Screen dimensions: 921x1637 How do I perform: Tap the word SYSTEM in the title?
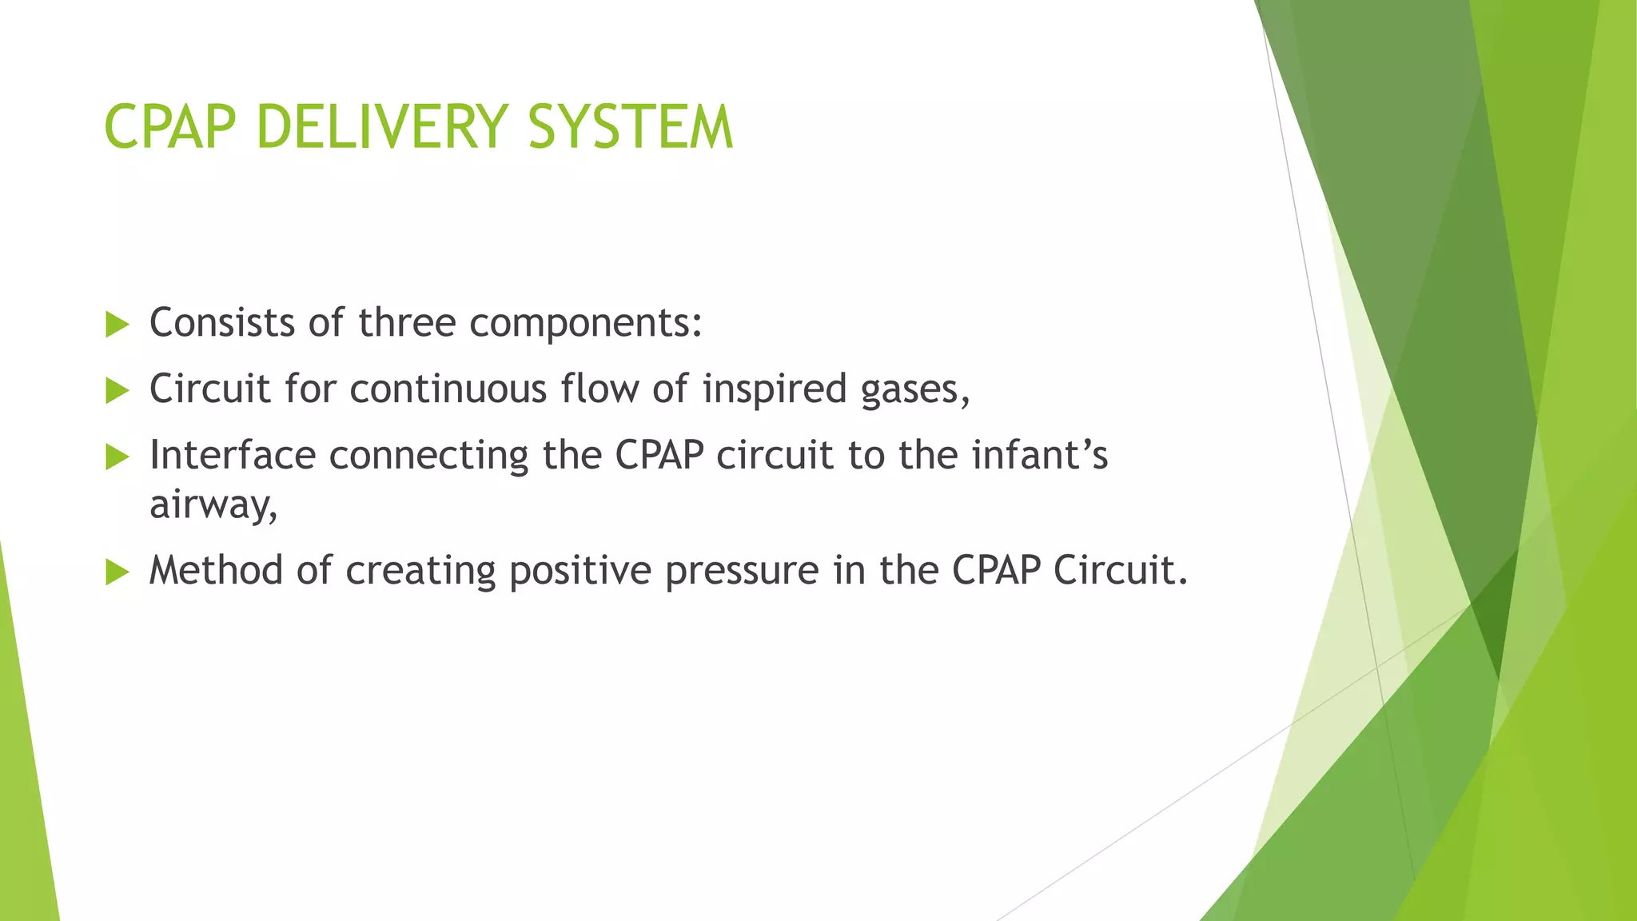[x=630, y=127]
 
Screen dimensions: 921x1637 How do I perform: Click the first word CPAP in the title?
[x=170, y=127]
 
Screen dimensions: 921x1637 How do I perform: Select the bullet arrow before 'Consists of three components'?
[x=117, y=325]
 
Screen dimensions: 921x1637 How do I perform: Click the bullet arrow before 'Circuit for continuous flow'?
[x=117, y=391]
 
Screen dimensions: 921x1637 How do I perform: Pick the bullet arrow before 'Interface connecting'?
[x=117, y=457]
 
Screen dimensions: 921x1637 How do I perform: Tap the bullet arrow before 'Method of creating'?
[x=117, y=572]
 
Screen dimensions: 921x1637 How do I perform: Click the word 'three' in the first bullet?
[x=406, y=323]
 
